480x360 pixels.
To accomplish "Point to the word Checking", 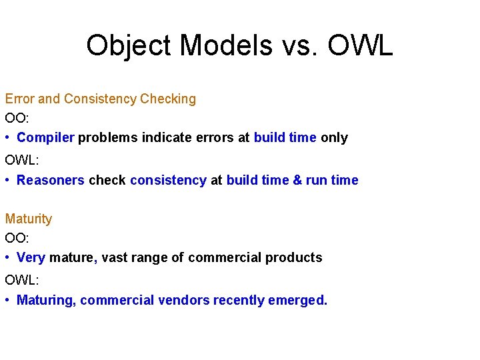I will [168, 99].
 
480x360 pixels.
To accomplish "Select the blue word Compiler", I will [46, 137].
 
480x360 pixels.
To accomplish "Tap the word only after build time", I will [334, 137].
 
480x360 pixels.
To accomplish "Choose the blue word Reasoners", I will [51, 180].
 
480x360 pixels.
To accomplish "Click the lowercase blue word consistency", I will [168, 180].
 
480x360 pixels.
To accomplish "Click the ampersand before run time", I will [297, 180].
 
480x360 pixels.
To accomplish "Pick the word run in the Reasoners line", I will [316, 180].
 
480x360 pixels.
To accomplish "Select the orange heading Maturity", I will [28, 219].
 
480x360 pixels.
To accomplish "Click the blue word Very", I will [31, 257].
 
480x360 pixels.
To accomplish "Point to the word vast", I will [115, 257].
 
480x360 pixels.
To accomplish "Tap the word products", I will [294, 257].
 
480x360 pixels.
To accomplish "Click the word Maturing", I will [46, 300].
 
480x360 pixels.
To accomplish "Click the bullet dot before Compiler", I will [8, 137].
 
